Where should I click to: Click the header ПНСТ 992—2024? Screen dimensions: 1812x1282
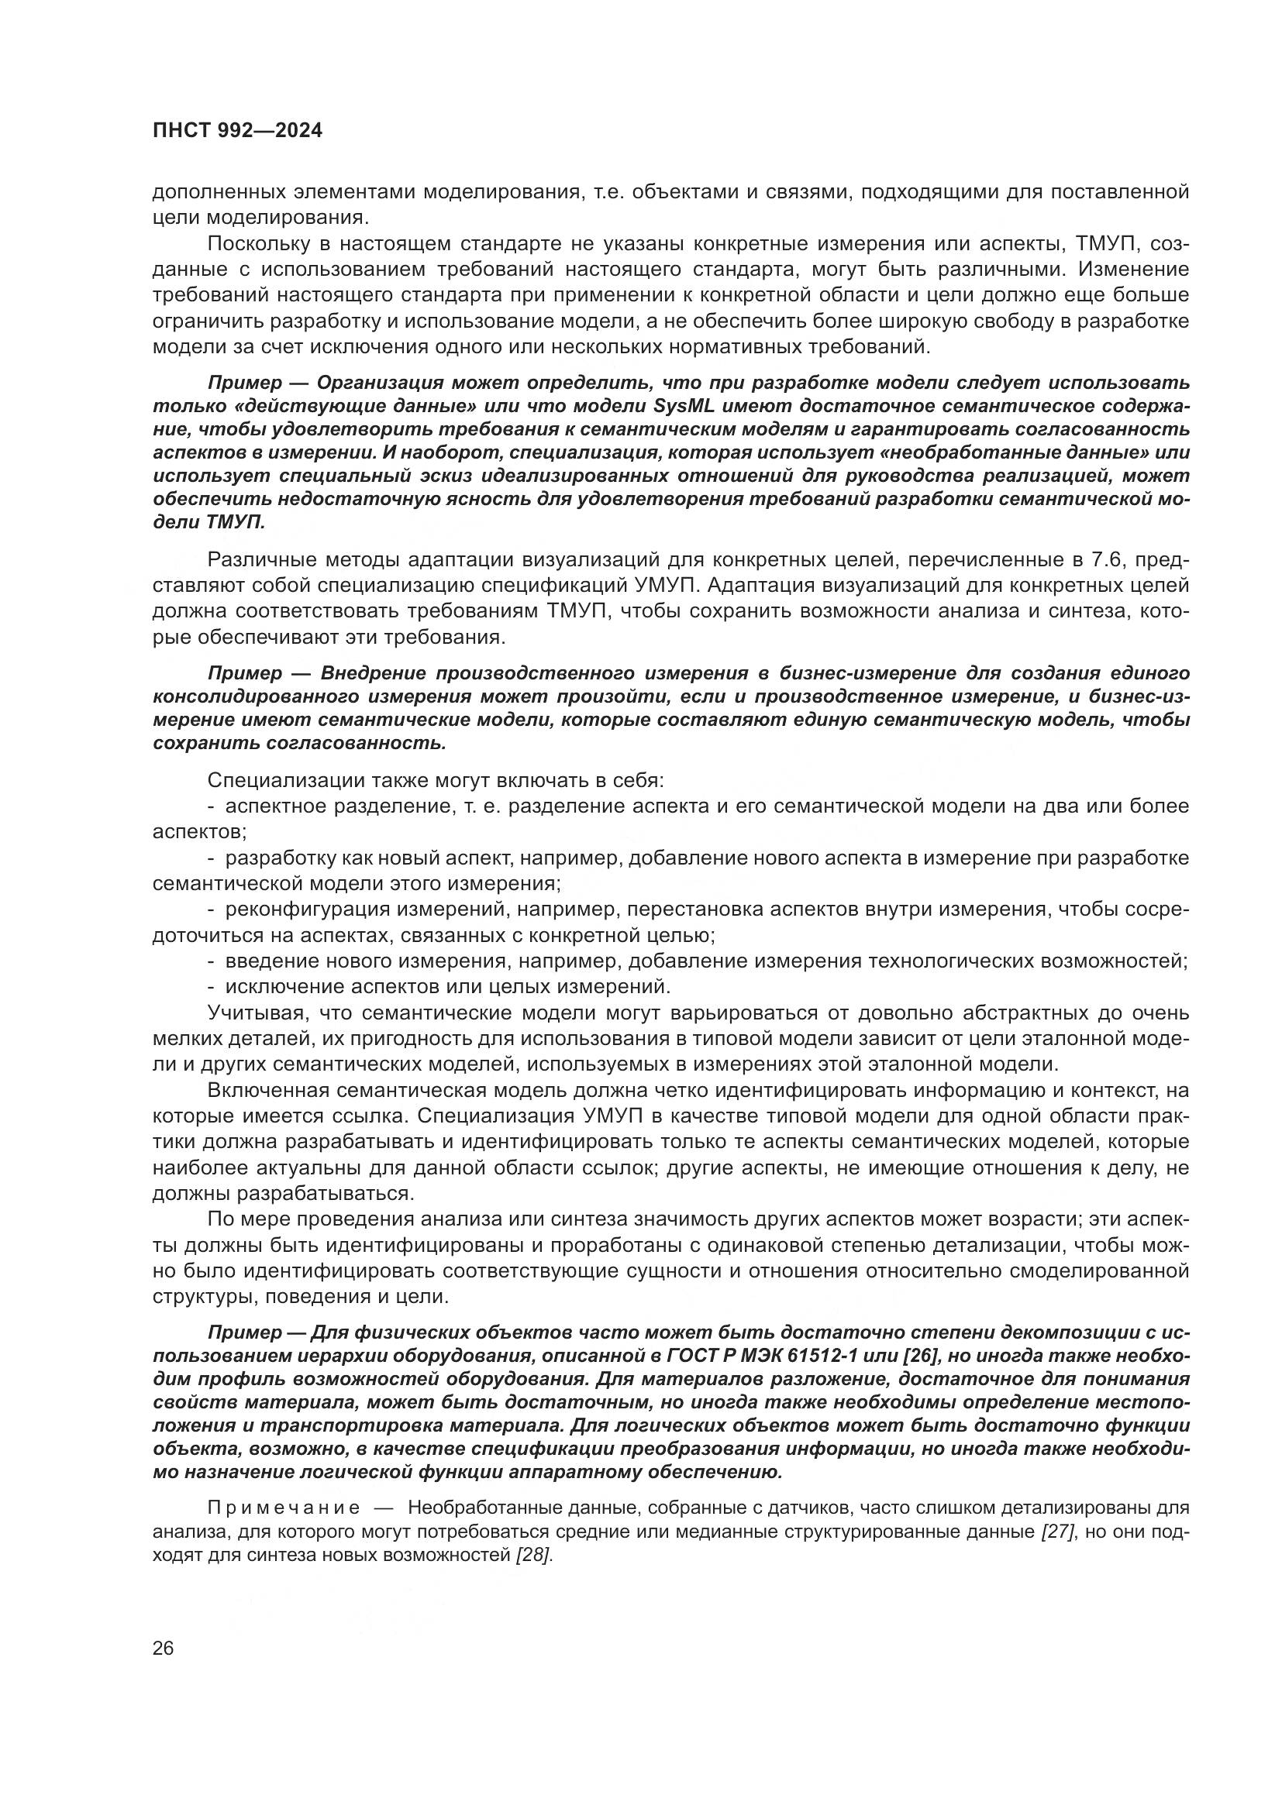(x=237, y=131)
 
